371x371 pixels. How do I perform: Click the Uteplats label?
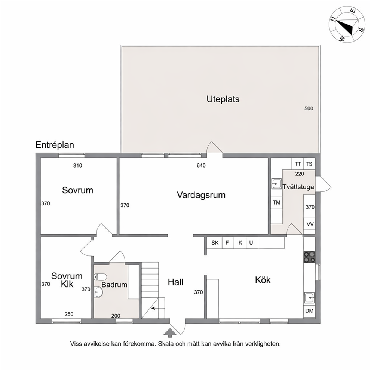pos(223,99)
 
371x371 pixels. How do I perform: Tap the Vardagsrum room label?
pos(201,195)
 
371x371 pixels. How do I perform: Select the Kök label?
pos(263,280)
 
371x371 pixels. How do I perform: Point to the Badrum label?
pos(114,285)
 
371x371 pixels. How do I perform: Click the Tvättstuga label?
pos(298,187)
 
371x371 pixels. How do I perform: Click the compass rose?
pos(346,25)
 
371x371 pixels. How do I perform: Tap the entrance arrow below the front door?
pos(170,333)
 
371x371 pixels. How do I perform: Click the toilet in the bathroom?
pos(101,277)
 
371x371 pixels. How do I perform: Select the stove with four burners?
pos(310,257)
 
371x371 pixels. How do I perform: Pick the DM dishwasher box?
pos(310,311)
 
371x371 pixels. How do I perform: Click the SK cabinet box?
pos(215,243)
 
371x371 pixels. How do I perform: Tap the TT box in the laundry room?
pos(298,164)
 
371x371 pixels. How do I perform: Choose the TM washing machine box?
pos(277,203)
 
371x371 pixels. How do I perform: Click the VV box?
pos(310,224)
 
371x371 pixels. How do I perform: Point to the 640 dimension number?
pos(201,166)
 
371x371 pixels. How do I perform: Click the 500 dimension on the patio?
pos(309,108)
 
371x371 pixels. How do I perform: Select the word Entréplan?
pos(55,145)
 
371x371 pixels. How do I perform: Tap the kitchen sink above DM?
pos(310,298)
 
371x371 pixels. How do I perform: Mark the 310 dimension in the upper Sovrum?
pos(78,166)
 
